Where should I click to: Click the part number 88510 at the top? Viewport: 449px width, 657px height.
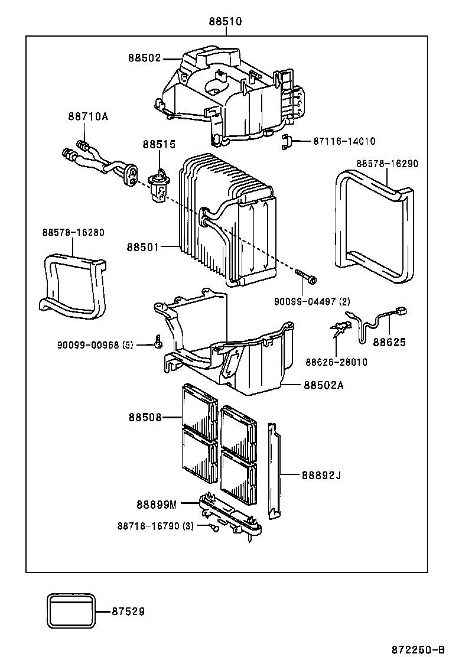click(224, 22)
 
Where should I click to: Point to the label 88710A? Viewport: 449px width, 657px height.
click(88, 116)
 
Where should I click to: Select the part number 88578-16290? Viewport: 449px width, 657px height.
click(386, 163)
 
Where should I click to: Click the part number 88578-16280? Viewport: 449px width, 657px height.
click(73, 232)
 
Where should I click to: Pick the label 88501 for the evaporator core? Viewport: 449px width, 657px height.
click(142, 246)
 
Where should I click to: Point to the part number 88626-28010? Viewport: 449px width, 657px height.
click(336, 362)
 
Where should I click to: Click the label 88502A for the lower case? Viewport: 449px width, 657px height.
click(323, 385)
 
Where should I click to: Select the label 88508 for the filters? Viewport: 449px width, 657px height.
click(145, 417)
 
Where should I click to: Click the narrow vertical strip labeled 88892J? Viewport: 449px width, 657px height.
click(273, 471)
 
